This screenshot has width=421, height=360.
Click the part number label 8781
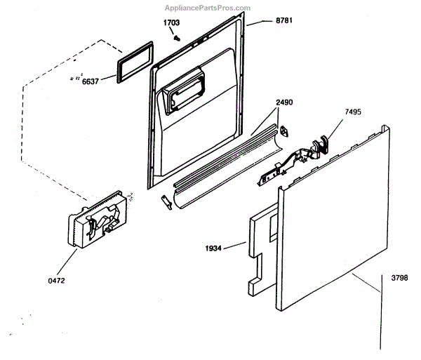tap(283, 20)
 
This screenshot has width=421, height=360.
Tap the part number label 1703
tap(172, 23)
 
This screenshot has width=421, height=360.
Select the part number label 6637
tap(91, 81)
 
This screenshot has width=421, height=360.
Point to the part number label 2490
tap(284, 102)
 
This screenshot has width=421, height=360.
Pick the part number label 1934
tap(214, 247)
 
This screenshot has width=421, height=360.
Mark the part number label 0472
tap(56, 280)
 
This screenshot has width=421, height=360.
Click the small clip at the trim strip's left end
tap(165, 201)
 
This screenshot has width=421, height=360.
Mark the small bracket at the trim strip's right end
tap(286, 131)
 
